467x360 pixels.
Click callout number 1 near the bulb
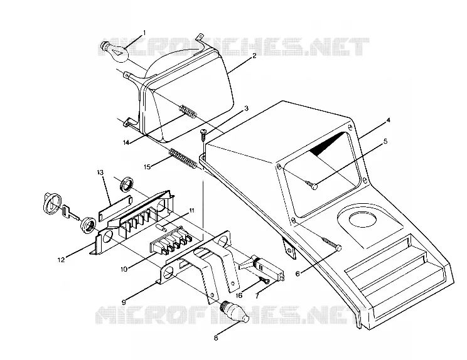coord(144,32)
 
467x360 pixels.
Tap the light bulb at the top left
coord(115,51)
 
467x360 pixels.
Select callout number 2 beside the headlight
coord(254,56)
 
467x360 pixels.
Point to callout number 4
coord(388,120)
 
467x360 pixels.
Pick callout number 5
coord(385,141)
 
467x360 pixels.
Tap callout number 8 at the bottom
coord(216,338)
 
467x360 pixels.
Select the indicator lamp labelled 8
coord(234,312)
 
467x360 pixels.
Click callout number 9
coord(124,302)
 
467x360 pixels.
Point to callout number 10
coord(124,269)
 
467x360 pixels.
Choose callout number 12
coord(61,260)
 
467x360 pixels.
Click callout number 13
coord(100,172)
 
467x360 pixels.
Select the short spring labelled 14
coord(188,111)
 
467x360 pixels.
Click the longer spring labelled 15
coord(183,159)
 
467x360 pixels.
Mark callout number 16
coord(239,295)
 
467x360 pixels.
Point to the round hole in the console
coord(362,220)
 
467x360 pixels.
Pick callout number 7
coord(257,296)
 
